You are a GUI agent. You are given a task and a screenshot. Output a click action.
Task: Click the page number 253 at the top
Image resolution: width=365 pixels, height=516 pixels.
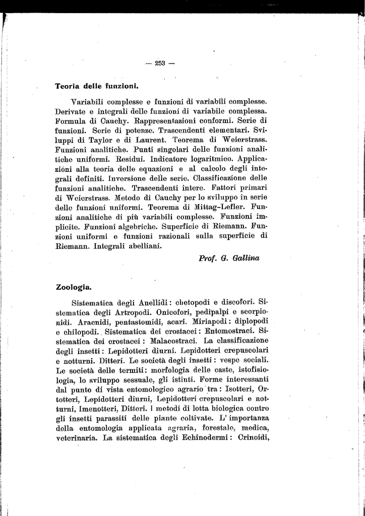point(160,63)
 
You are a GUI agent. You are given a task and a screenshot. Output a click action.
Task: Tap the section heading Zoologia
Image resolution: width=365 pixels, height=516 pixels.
point(74,288)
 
